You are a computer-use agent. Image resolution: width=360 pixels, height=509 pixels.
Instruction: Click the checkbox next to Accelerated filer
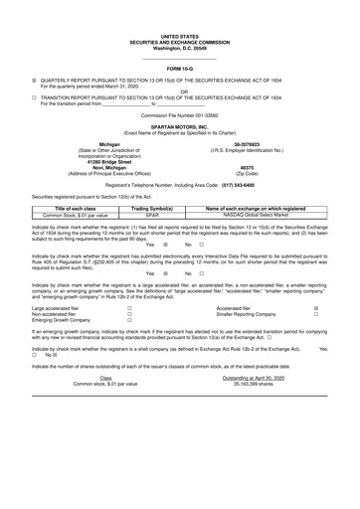tap(316, 337)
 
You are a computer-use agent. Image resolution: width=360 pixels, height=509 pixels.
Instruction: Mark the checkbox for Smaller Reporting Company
tap(316, 344)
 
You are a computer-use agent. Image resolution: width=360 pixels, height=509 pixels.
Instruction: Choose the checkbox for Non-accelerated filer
tap(129, 344)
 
